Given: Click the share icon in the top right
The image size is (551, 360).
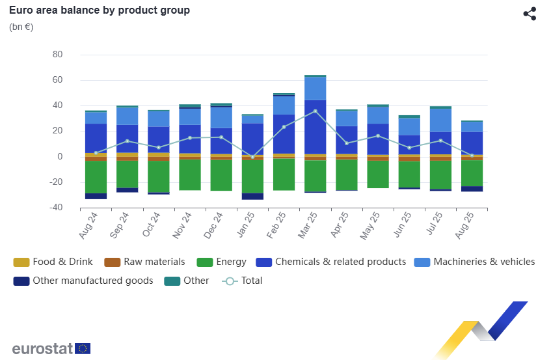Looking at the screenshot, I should [530, 14].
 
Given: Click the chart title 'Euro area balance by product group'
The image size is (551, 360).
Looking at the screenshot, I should [100, 10].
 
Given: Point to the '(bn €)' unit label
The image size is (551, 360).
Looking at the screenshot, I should [21, 27].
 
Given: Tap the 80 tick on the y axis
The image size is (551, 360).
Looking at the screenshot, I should [57, 55].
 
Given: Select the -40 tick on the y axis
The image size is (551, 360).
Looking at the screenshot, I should [55, 208].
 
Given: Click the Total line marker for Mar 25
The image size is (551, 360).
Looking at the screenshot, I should [315, 111].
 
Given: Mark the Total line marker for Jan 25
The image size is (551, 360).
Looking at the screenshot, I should [252, 157].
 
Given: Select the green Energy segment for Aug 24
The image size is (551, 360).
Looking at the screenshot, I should [96, 177].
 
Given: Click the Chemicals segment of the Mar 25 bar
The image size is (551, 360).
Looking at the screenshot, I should [315, 127].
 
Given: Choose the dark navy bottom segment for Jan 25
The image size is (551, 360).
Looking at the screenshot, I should [252, 196].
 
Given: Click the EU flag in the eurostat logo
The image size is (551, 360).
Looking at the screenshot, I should [83, 348].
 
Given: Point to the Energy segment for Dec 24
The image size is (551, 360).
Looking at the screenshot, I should [221, 175].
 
